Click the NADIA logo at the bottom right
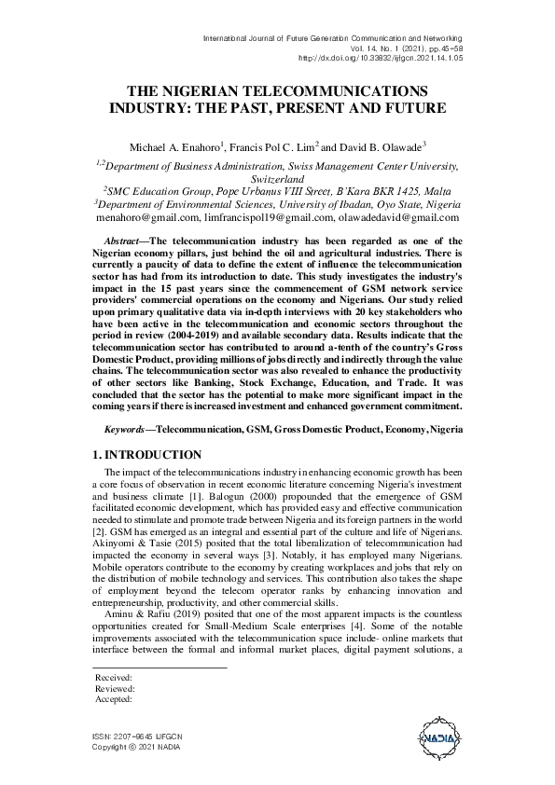(437, 740)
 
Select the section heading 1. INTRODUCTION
(147, 455)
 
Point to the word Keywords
(126, 432)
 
